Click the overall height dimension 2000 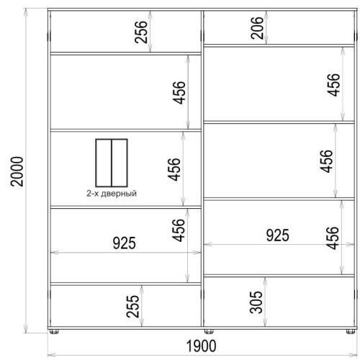tap(17, 171)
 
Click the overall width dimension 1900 tap(201, 346)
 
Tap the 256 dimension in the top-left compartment tap(140, 32)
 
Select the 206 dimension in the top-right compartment tap(257, 28)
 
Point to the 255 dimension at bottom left tap(132, 306)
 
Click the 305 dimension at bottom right tap(256, 302)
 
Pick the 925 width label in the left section tap(125, 243)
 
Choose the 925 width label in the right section tap(278, 235)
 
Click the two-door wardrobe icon tap(112, 163)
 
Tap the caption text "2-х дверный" tap(112, 194)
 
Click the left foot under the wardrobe tap(54, 331)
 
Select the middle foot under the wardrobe tap(209, 331)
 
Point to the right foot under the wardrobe tap(351, 331)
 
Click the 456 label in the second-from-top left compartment tap(179, 93)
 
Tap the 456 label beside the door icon tap(174, 169)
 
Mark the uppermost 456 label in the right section tap(333, 85)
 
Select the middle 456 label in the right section tap(326, 161)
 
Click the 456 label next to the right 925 tap(333, 238)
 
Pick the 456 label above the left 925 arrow tap(179, 230)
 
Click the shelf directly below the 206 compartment tap(279, 45)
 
